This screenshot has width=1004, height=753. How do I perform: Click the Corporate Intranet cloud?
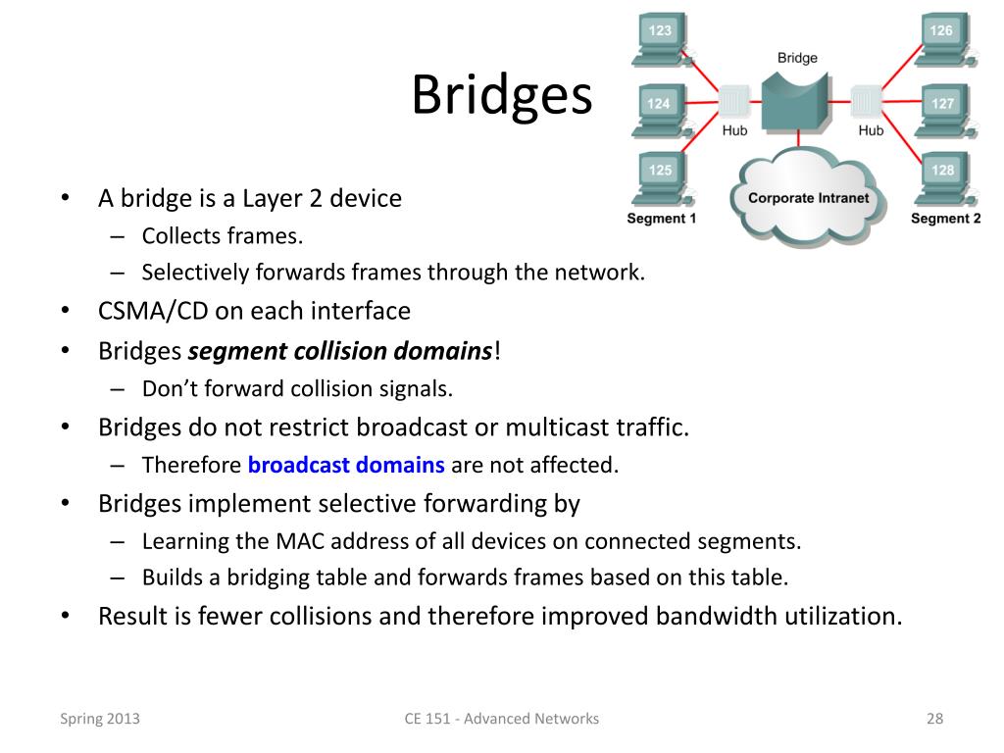(x=808, y=197)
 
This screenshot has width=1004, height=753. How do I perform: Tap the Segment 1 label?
(x=661, y=219)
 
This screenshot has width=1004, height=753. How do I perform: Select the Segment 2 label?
(x=945, y=219)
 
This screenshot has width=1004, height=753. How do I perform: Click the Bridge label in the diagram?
(x=797, y=58)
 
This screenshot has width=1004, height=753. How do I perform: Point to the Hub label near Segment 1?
(x=734, y=130)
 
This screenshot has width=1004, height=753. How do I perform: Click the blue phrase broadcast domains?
(x=347, y=465)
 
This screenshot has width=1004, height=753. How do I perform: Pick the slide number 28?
(x=934, y=719)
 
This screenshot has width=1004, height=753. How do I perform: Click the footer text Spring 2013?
(x=100, y=719)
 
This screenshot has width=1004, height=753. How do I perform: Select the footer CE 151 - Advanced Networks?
(x=501, y=719)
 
